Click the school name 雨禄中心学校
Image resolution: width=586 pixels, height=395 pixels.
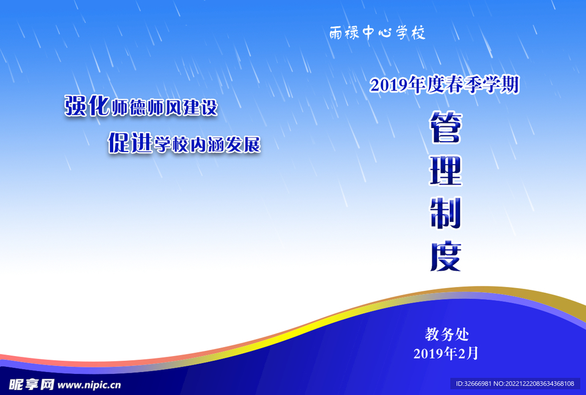(378, 34)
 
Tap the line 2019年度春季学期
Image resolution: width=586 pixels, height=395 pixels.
(444, 85)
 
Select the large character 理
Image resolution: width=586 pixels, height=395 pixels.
(446, 171)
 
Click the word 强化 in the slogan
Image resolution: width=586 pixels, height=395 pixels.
(86, 106)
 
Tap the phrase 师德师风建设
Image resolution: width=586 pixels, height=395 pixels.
(164, 107)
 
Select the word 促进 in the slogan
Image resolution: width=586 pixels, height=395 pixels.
(130, 143)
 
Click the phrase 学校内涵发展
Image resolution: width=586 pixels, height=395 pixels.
(207, 145)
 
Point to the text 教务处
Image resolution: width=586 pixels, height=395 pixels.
(447, 334)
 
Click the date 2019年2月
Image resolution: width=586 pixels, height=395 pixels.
(446, 353)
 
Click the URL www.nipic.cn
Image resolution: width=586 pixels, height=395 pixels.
(89, 385)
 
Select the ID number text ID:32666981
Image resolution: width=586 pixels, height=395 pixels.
(472, 384)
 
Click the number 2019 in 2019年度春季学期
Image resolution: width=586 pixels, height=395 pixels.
(388, 86)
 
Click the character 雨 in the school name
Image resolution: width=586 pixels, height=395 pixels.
(336, 34)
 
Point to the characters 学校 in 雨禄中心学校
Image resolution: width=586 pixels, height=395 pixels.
(411, 34)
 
